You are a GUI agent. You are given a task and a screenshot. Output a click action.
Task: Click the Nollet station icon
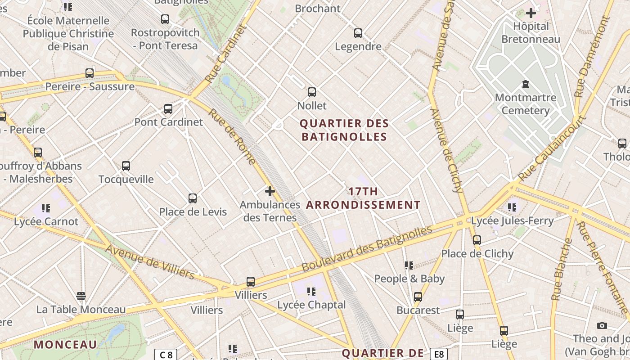coord(312,92)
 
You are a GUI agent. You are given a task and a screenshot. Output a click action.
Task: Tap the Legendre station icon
coord(358,33)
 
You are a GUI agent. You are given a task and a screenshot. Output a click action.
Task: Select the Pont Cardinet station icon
coord(168,108)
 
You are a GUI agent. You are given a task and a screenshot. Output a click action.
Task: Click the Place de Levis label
coord(193,212)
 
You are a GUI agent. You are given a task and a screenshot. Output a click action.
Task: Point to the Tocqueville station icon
coord(126,166)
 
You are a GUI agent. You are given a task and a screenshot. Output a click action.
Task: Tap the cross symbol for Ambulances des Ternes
coord(270,191)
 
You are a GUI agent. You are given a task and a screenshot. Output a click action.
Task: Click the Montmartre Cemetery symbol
coord(525,84)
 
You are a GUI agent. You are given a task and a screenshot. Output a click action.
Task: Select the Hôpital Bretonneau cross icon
coord(531,13)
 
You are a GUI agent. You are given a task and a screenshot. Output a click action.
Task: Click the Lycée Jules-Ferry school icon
coord(512,207)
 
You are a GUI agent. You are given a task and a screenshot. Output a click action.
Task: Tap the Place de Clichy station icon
coord(477,240)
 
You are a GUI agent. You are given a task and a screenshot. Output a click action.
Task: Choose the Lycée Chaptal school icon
coord(311,292)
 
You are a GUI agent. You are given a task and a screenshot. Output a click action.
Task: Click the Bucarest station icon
coord(418,297)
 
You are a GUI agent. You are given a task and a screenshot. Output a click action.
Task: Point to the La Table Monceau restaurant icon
coord(81,296)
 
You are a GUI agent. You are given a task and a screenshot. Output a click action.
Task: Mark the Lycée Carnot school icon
coord(46,208)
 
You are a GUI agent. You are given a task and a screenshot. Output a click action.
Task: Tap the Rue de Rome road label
coord(232,136)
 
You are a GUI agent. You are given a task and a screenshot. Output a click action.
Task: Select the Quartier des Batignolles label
coord(344,130)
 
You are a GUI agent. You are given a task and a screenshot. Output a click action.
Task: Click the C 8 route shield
coord(166,355)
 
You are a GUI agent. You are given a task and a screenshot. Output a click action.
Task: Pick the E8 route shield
coord(439,355)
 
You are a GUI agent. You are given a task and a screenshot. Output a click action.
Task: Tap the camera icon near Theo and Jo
coord(602,325)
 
